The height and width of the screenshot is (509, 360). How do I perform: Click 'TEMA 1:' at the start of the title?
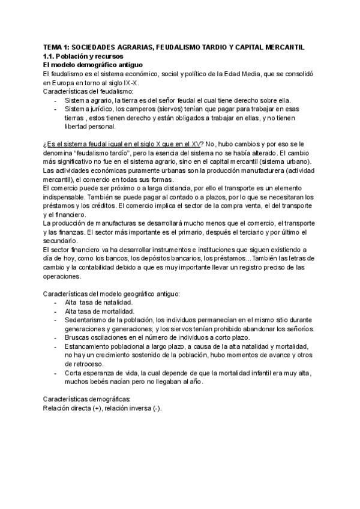point(57,46)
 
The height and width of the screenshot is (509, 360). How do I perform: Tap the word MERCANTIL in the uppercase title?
point(284,46)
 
